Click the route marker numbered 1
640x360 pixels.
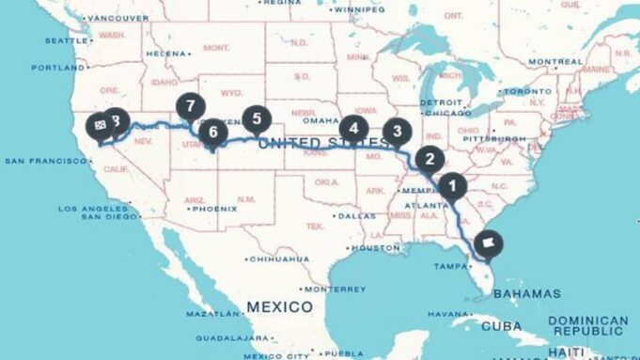(x=451, y=185)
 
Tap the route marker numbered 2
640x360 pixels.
(x=429, y=159)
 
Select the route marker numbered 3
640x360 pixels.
(x=398, y=132)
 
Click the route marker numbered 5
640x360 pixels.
(x=256, y=118)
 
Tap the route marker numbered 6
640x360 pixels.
(x=212, y=132)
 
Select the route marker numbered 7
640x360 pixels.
(x=191, y=106)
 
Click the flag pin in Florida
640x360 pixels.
(x=489, y=243)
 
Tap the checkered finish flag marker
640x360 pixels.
(x=99, y=124)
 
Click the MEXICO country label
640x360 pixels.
(x=279, y=306)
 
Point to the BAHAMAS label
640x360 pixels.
(x=525, y=293)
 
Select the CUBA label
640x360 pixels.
(x=500, y=326)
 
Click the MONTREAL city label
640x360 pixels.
(x=555, y=62)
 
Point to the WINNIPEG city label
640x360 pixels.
(x=359, y=9)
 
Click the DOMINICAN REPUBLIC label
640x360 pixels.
(x=589, y=326)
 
